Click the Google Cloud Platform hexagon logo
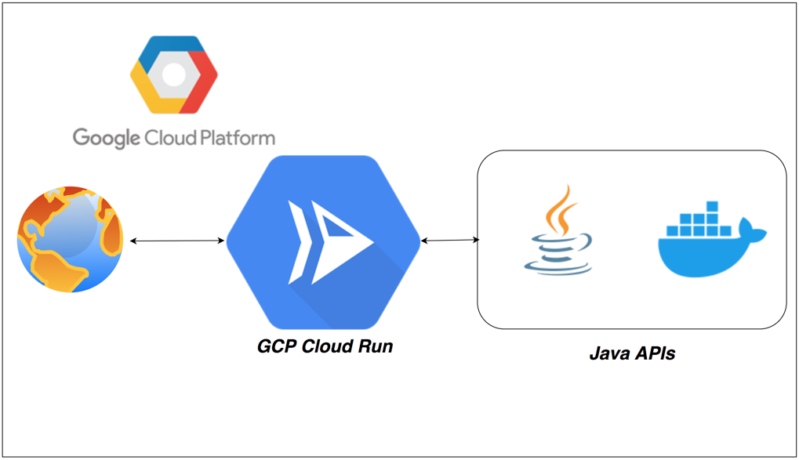tap(173, 74)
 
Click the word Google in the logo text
tap(105, 139)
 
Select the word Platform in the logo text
tap(233, 139)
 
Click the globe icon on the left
tap(70, 240)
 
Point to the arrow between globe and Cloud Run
tap(176, 241)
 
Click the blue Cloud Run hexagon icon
tap(323, 241)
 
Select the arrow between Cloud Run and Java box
tap(450, 241)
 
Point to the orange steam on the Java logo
tap(560, 209)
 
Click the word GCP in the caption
tap(278, 346)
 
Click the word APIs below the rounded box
tap(655, 354)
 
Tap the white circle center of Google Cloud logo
tap(173, 74)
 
